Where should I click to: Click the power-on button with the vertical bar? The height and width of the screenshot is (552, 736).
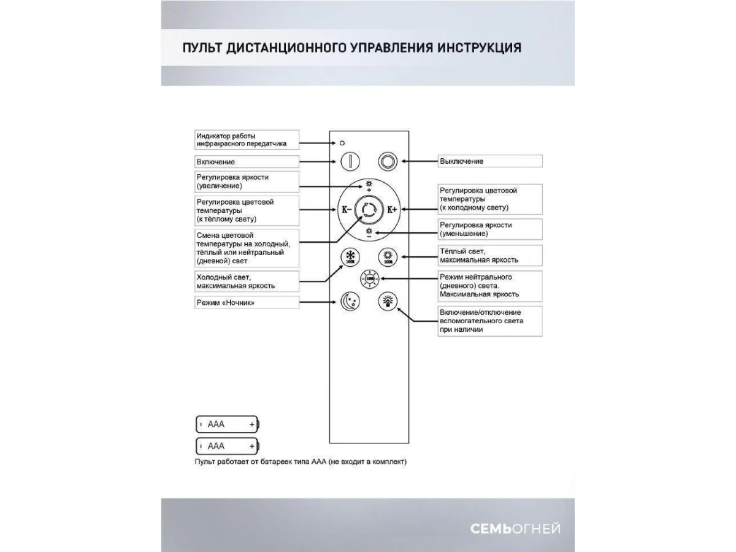[x=350, y=161]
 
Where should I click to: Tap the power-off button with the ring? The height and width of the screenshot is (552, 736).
[x=387, y=161]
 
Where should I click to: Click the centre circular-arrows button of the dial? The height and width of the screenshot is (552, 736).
[x=369, y=209]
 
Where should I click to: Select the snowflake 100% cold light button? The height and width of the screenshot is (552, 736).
[x=350, y=256]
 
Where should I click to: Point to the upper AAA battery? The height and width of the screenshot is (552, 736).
[x=228, y=424]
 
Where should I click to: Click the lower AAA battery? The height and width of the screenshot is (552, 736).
[x=228, y=445]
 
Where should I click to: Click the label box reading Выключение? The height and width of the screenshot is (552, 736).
[x=489, y=161]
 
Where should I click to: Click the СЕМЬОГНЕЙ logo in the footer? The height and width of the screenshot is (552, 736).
[x=515, y=529]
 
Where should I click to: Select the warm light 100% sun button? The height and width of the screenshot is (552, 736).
[x=388, y=256]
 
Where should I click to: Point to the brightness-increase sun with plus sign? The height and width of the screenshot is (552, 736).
[x=369, y=186]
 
